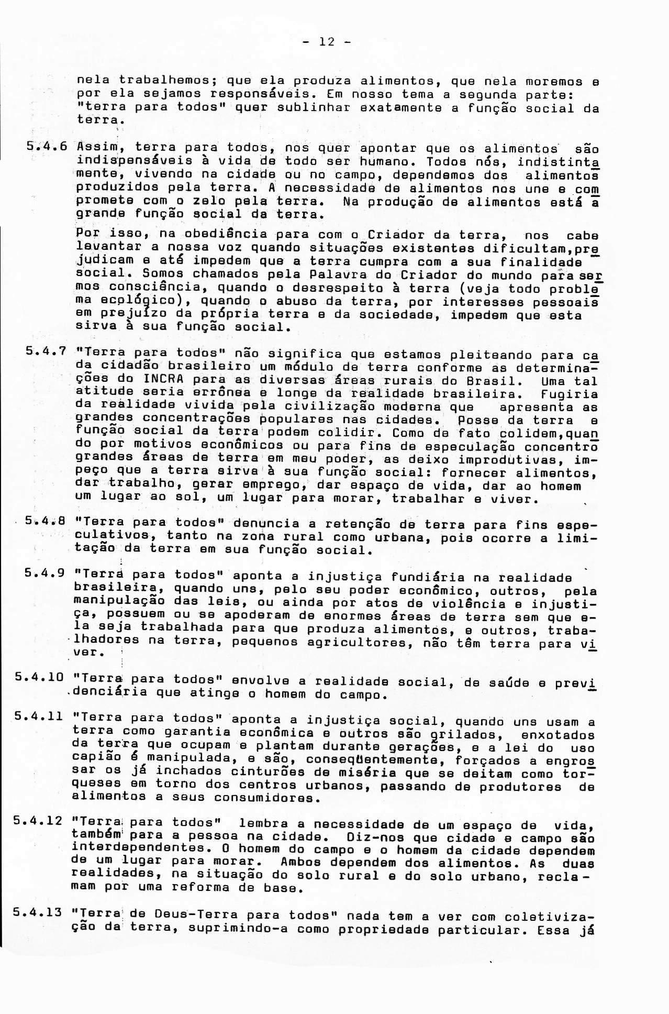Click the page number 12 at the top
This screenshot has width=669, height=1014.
[327, 42]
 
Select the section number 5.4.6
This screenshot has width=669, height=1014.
[47, 147]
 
